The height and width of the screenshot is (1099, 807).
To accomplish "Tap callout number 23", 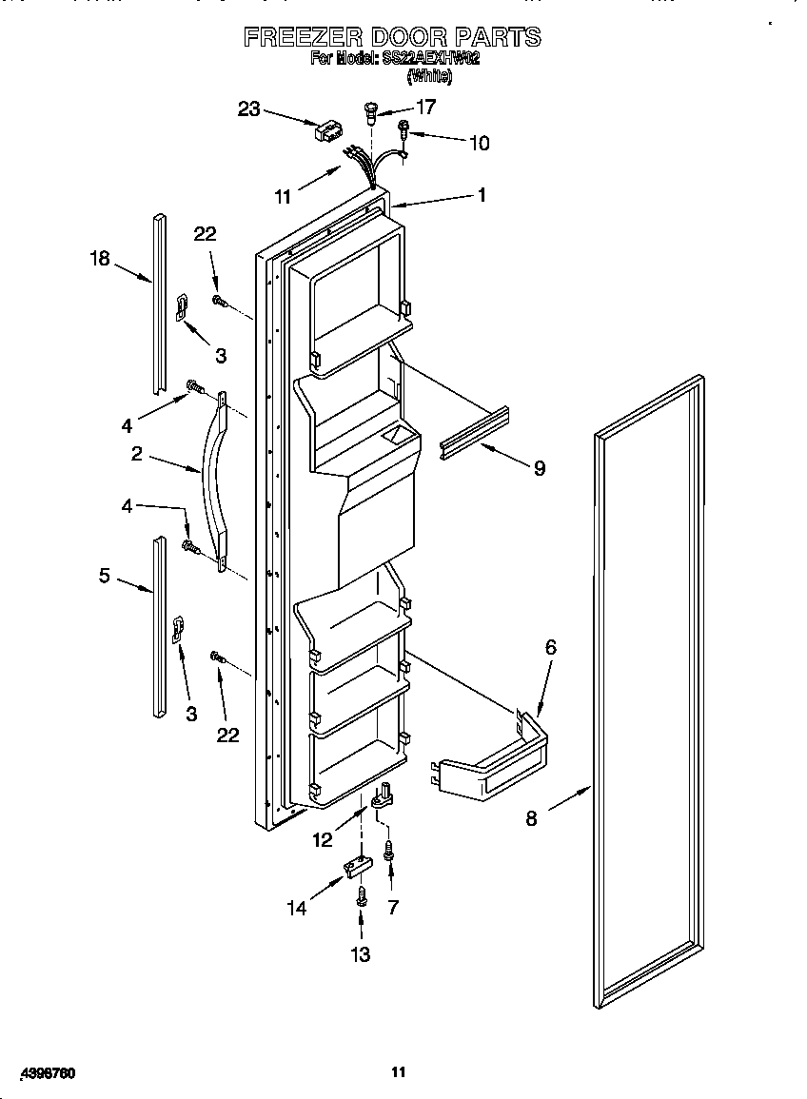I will click(x=248, y=109).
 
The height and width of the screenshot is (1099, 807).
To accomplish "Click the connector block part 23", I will click(x=327, y=130).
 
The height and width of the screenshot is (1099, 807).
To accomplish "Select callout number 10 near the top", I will click(x=479, y=144).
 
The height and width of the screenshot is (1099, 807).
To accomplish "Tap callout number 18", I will click(x=100, y=258).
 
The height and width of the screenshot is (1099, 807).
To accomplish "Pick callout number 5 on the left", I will click(x=105, y=576).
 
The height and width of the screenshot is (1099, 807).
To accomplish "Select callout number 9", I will click(x=540, y=468).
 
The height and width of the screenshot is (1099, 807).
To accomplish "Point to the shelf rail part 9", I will click(x=474, y=431).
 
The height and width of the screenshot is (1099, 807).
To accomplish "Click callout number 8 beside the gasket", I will click(x=531, y=817).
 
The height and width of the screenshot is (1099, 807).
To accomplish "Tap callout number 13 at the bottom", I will click(x=361, y=954).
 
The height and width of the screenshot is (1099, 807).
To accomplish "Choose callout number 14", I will click(x=298, y=909).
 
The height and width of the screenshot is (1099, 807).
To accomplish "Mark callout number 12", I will click(x=323, y=839).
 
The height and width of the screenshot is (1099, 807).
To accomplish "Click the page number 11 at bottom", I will click(x=399, y=1072).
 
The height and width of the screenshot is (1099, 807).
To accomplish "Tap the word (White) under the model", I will click(x=428, y=76).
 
